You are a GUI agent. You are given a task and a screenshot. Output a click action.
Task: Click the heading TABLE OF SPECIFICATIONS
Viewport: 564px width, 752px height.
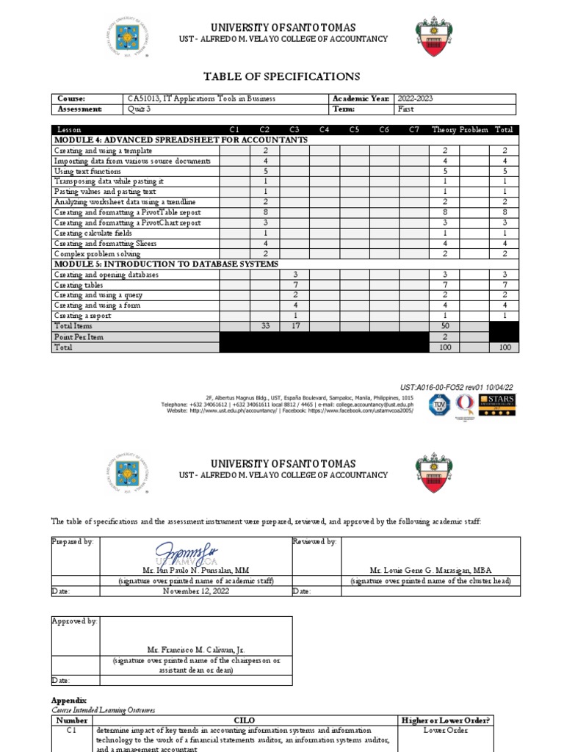[281, 76]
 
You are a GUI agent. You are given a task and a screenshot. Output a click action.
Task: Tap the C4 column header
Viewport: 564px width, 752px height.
[324, 130]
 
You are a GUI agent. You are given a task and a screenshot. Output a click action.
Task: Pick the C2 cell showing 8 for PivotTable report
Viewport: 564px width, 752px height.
[264, 212]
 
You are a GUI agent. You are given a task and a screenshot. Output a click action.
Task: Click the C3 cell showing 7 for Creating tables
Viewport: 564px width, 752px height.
[294, 284]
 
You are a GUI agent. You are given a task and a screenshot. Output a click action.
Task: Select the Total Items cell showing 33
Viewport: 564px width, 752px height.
[264, 325]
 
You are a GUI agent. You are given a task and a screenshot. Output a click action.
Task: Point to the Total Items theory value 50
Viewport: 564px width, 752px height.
[445, 325]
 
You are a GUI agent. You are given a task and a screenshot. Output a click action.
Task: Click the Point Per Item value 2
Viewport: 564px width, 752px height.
[445, 336]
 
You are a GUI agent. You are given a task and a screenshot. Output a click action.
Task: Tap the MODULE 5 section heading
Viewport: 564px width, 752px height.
[165, 264]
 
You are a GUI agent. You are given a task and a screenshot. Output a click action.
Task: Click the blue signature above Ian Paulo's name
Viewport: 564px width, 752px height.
[196, 552]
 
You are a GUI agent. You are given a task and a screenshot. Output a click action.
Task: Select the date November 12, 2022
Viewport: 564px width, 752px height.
[196, 590]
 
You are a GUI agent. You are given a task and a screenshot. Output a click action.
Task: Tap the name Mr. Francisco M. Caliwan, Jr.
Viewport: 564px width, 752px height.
[196, 651]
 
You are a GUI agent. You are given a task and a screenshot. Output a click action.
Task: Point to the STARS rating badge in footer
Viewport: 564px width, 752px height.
[496, 405]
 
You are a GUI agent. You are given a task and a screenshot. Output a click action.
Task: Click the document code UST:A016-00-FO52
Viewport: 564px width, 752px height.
[458, 386]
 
